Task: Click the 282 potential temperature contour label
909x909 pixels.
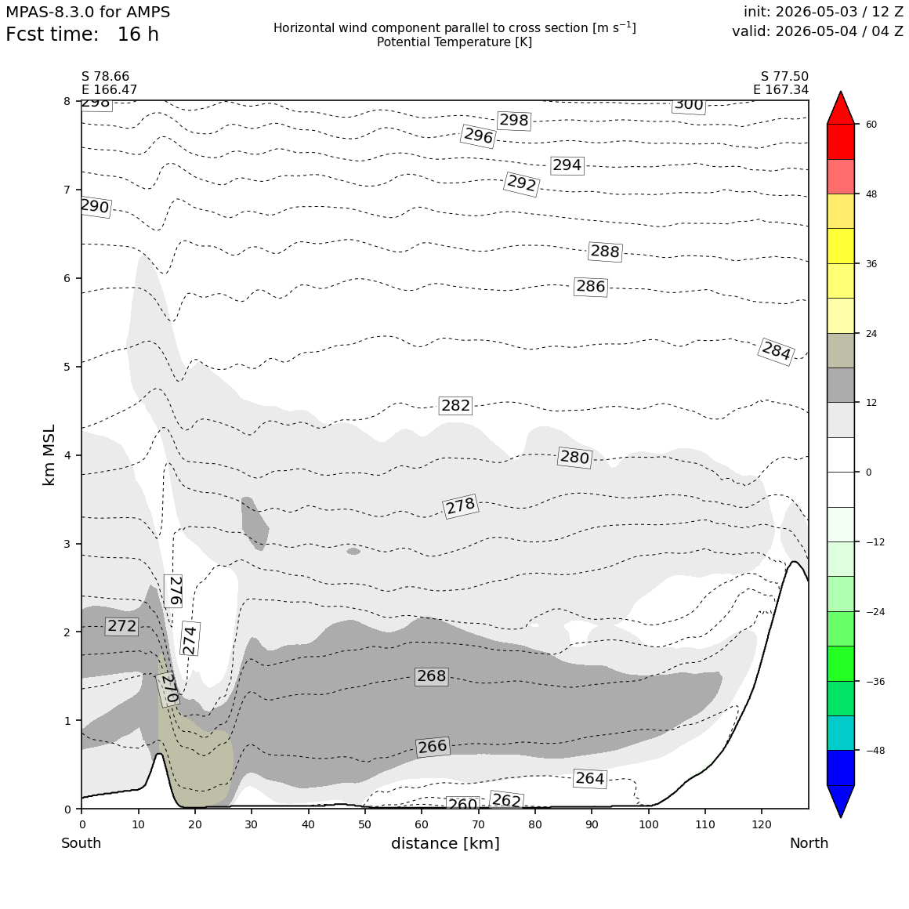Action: click(x=455, y=405)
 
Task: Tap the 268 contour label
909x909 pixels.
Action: click(x=431, y=676)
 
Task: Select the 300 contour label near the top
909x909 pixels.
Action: click(x=689, y=105)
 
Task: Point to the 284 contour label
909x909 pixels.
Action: click(x=777, y=351)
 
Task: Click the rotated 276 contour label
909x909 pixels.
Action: click(x=173, y=591)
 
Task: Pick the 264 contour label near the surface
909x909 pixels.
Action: click(x=589, y=778)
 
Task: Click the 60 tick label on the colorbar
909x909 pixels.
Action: click(x=871, y=124)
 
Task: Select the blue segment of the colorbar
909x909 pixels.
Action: click(x=841, y=767)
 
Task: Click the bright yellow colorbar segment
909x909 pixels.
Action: click(x=841, y=246)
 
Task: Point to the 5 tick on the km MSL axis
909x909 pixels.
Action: click(x=67, y=367)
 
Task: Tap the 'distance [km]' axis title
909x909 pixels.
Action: click(x=445, y=843)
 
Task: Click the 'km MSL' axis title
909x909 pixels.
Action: click(x=49, y=455)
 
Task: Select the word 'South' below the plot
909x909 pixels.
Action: click(x=81, y=843)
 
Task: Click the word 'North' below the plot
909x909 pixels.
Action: click(x=809, y=843)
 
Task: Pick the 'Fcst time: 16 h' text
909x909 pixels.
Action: click(x=82, y=34)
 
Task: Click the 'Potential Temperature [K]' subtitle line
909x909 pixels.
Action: click(x=454, y=42)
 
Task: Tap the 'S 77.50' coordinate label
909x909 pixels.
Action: click(x=784, y=77)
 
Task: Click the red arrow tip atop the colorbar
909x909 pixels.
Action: click(x=841, y=92)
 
